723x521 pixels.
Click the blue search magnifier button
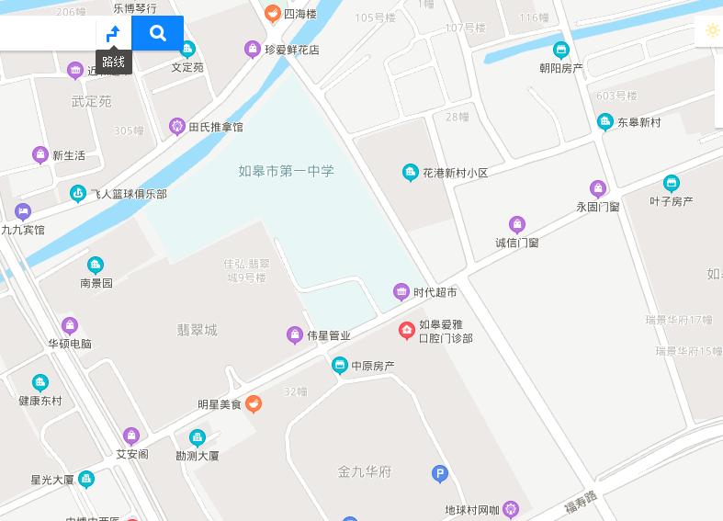pos(158,34)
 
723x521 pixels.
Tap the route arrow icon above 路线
pos(113,34)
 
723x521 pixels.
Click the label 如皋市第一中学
pos(286,171)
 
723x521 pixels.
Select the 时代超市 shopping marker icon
pos(401,292)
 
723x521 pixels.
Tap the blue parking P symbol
pos(440,474)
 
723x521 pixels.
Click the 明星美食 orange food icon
pos(254,403)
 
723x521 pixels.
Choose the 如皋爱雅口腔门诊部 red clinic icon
pos(406,331)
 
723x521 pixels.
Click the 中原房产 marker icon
pos(339,366)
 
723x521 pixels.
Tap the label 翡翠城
pos(197,330)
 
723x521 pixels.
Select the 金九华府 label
pos(364,472)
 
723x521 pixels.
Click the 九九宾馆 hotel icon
pos(23,212)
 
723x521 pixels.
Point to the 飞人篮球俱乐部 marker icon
pos(78,193)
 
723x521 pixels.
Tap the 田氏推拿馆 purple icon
pos(177,127)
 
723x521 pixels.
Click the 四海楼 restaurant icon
pos(272,14)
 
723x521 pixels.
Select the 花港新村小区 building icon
pos(411,172)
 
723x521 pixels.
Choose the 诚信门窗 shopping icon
pos(517,225)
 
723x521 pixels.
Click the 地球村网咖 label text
pos(472,510)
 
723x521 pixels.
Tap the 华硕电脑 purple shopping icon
pos(70,325)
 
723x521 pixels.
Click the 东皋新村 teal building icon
pos(604,121)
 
